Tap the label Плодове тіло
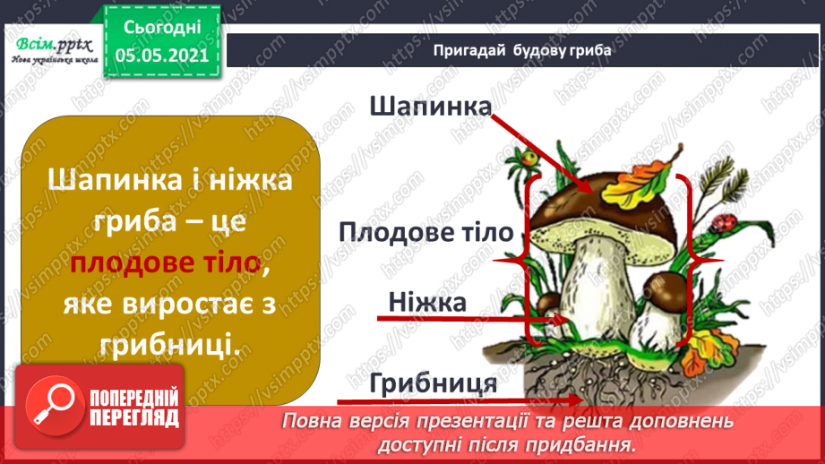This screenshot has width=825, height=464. click(x=426, y=232)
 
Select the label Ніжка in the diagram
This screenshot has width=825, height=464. click(x=426, y=303)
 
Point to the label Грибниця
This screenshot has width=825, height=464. click(x=434, y=383)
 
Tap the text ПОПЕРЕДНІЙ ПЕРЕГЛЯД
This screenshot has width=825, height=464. click(x=135, y=408)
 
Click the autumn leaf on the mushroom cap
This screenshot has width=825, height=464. click(x=633, y=184)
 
